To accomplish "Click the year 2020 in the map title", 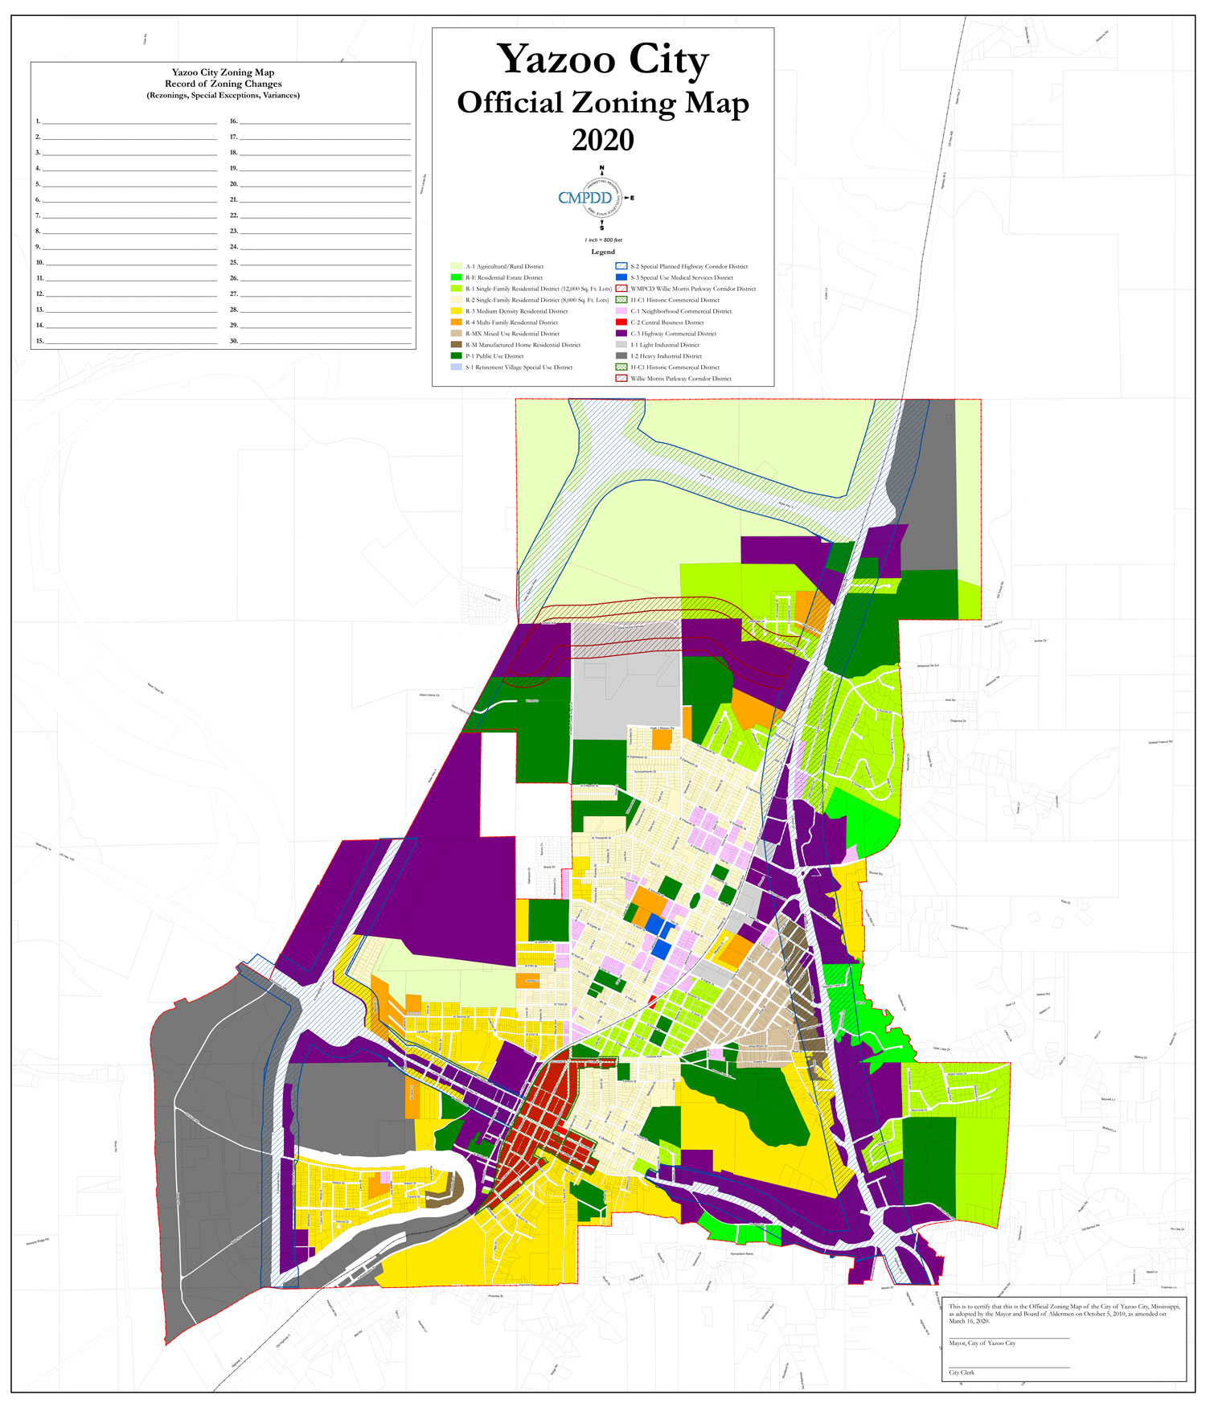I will point(602,141).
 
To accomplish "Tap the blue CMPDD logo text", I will point(585,198).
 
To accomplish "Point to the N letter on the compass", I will point(601,168).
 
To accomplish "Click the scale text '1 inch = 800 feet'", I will point(603,240).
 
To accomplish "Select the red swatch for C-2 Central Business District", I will point(621,322).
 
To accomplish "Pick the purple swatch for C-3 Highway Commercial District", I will point(621,334).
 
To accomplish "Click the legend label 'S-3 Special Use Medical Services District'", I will point(681,277).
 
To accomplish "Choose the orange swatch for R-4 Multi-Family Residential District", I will point(456,322).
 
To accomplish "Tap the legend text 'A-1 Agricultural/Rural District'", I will point(504,266).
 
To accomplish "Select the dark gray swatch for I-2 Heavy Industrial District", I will point(621,356).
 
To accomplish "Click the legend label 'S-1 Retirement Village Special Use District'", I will point(519,367).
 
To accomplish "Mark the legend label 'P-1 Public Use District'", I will point(494,356).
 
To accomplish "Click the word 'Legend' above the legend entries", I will point(603,252).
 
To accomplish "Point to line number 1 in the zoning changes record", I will point(38,121).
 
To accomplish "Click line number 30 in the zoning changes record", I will point(233,341).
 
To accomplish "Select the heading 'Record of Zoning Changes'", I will point(223,84).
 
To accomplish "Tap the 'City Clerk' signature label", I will point(962,1372).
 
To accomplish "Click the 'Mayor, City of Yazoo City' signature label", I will point(982,1343).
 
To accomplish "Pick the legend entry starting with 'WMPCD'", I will point(692,289).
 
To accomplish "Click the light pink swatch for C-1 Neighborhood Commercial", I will point(621,311).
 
